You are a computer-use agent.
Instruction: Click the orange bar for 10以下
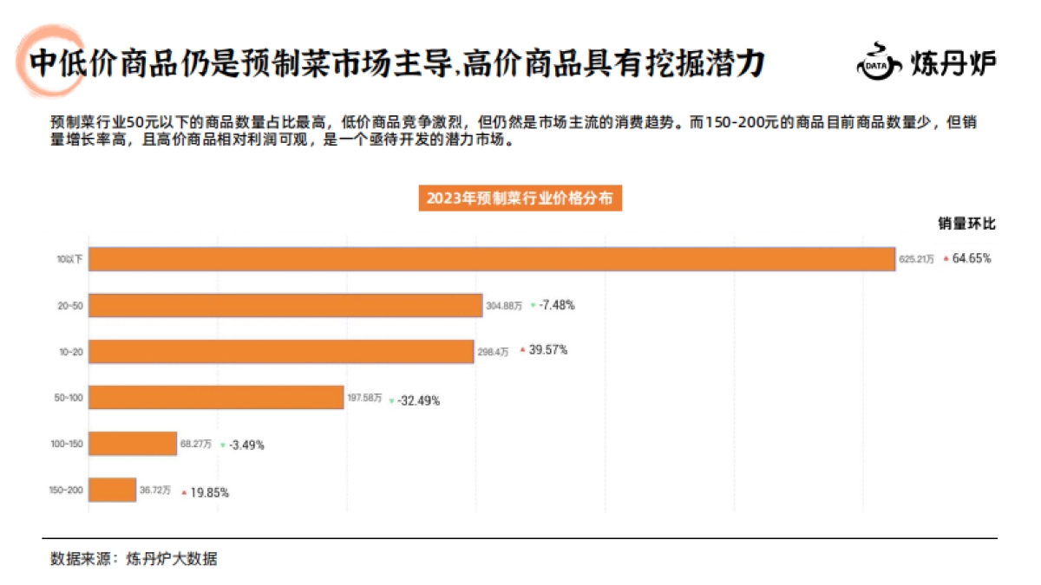(491, 259)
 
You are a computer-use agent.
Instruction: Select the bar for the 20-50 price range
(285, 305)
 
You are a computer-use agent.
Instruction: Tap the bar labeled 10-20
(282, 351)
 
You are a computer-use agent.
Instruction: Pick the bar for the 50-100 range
(217, 398)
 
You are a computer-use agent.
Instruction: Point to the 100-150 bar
(133, 444)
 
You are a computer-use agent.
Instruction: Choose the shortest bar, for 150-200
(113, 491)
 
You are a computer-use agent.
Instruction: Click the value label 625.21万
(916, 259)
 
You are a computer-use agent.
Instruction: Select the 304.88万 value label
(504, 306)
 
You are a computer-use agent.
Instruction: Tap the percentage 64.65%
(972, 258)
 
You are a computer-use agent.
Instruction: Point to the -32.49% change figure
(418, 400)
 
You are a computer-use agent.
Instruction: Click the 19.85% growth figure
(210, 492)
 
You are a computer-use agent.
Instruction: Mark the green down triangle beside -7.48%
(533, 306)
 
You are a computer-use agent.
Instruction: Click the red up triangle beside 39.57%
(522, 350)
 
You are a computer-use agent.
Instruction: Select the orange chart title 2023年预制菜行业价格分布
(520, 198)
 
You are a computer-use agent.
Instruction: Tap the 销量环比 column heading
(966, 224)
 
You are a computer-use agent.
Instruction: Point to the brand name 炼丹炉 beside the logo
(953, 63)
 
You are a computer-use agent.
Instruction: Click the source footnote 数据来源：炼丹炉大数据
(134, 559)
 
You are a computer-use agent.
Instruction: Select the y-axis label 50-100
(69, 398)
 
